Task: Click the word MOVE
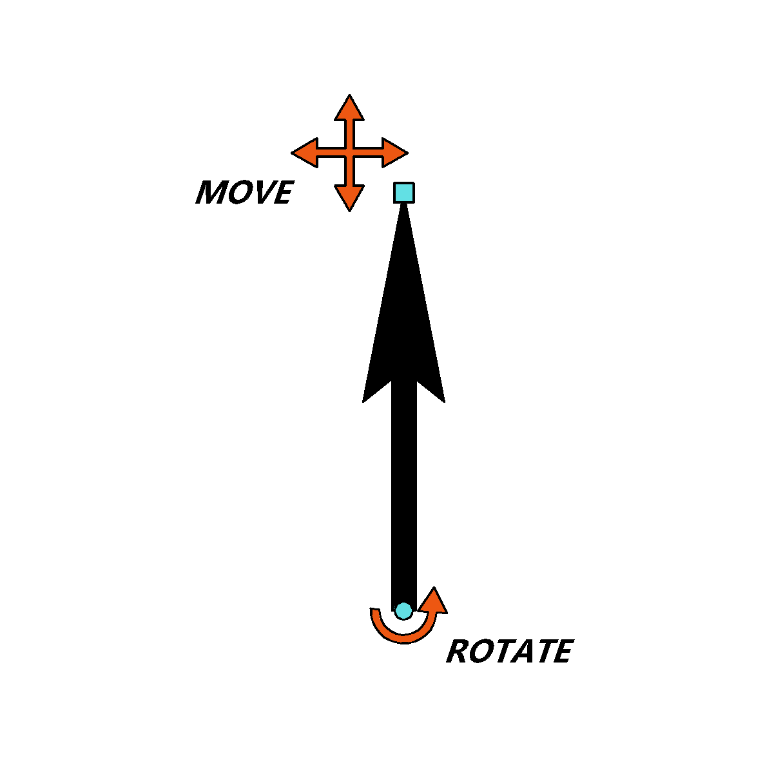pos(245,192)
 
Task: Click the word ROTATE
pos(510,651)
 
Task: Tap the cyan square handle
pos(403,193)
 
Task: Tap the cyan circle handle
pos(403,611)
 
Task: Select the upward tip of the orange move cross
pos(349,95)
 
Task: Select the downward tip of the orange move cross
pos(349,211)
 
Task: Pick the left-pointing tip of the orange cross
pos(292,153)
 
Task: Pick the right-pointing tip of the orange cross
pos(407,153)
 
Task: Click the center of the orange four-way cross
pos(349,153)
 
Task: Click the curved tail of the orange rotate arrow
pos(398,638)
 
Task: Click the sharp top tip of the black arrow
pos(403,204)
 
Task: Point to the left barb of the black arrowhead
pos(363,402)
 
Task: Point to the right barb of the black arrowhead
pos(444,402)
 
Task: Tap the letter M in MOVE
pos(210,192)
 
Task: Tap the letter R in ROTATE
pos(457,651)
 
